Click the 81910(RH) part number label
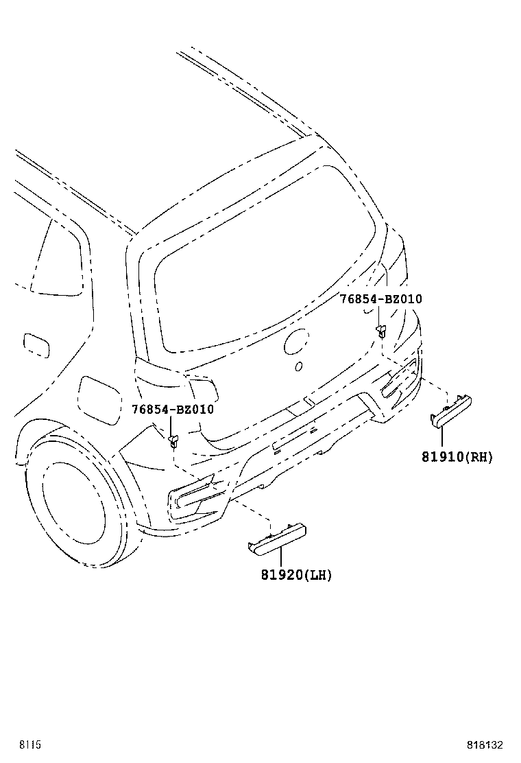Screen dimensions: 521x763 (457, 457)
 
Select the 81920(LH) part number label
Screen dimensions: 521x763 (296, 575)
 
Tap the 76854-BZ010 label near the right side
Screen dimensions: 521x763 (381, 298)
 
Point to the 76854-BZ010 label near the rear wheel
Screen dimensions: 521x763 (173, 409)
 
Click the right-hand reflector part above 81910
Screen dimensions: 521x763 (451, 412)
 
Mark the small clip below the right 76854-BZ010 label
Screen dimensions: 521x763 (381, 331)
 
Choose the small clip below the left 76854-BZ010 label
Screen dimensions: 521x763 (173, 441)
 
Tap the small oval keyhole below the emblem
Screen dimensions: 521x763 (299, 366)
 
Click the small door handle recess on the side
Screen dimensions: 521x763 (36, 346)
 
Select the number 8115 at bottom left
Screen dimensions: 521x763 (30, 745)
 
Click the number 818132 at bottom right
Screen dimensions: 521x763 (485, 745)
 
